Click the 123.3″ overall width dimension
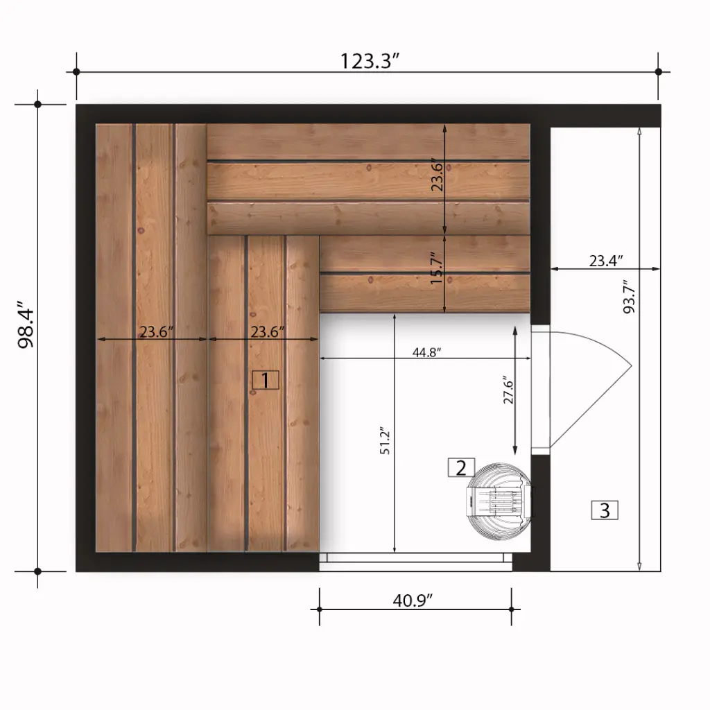(x=368, y=61)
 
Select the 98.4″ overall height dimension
(x=26, y=325)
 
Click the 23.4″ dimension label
(x=605, y=261)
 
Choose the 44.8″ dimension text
(x=426, y=352)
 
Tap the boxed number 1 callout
(x=266, y=380)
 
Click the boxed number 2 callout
(x=462, y=468)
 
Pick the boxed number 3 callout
(x=605, y=511)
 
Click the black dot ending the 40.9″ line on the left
(x=320, y=609)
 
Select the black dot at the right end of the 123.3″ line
(x=659, y=71)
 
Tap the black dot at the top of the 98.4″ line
(x=38, y=105)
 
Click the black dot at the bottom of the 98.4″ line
(x=38, y=572)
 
